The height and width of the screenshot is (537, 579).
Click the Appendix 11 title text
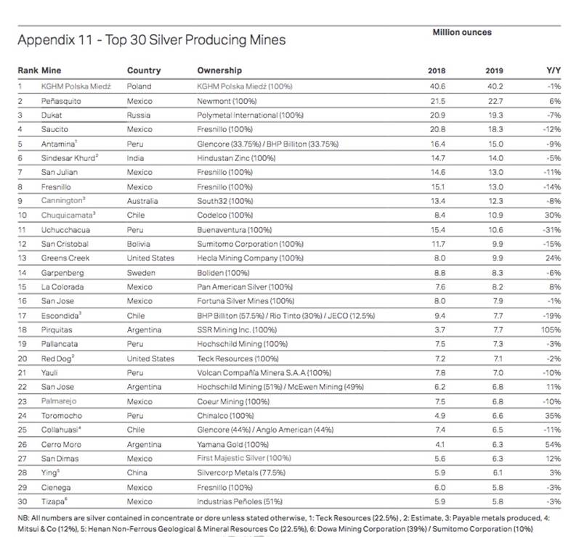(x=151, y=40)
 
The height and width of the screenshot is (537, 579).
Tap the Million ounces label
(x=462, y=33)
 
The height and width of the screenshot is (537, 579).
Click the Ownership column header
(x=219, y=71)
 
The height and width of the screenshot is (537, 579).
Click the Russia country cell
(x=139, y=115)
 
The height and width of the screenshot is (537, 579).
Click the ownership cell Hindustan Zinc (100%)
(x=236, y=157)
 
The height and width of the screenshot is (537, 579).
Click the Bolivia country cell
(x=139, y=244)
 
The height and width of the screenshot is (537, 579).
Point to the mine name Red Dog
(x=58, y=358)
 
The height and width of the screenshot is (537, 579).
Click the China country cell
(x=137, y=472)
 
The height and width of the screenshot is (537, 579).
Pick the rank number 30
(x=23, y=501)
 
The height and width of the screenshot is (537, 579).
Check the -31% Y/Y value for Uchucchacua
(x=551, y=229)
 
